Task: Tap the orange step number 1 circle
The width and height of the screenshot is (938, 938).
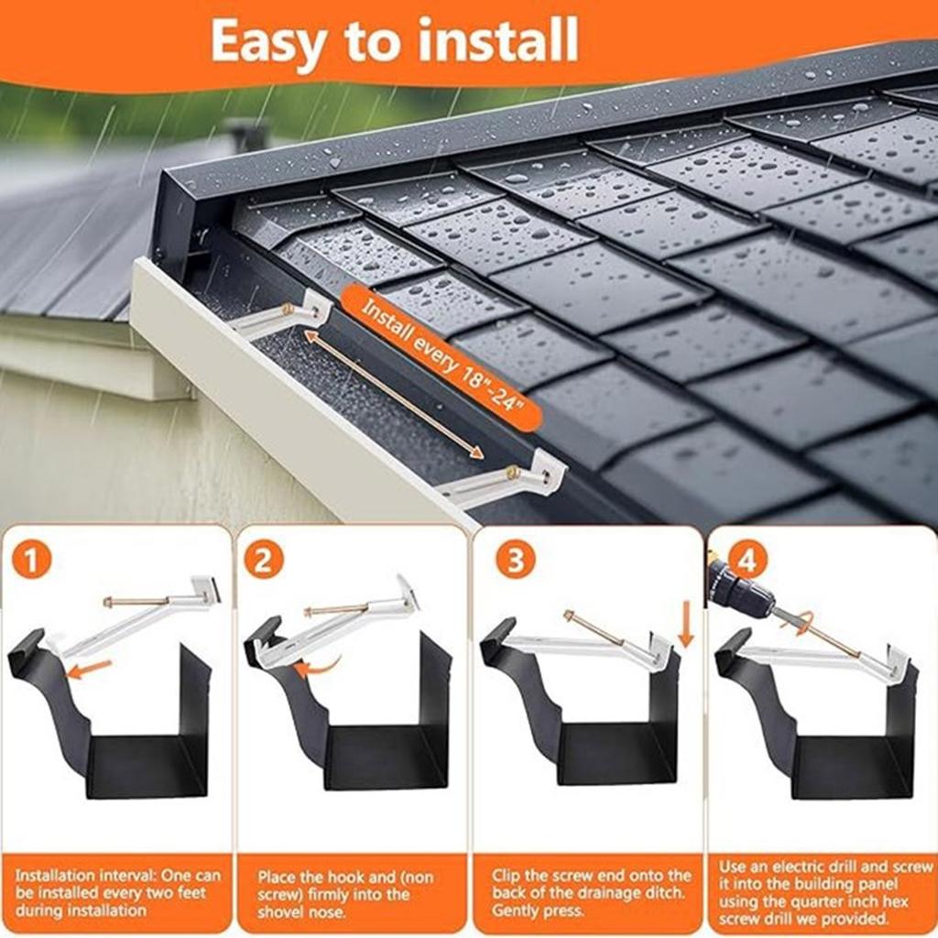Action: click(x=33, y=561)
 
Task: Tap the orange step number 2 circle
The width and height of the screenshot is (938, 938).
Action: click(x=263, y=561)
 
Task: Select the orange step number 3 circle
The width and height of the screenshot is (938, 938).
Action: click(x=515, y=561)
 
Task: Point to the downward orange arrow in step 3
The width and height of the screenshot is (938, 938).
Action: click(x=686, y=627)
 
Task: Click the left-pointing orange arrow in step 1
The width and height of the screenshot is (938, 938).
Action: click(x=90, y=669)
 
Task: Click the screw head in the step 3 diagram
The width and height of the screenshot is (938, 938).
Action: click(x=569, y=616)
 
